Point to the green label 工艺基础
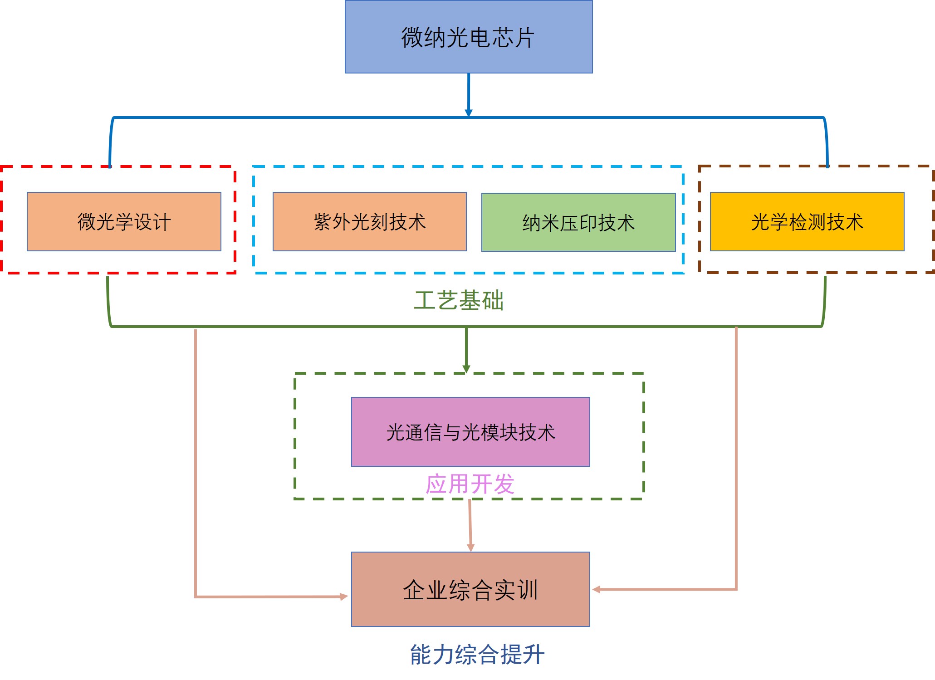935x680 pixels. coord(459,301)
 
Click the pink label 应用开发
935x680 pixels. coord(470,484)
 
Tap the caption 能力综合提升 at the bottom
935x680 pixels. coord(477,655)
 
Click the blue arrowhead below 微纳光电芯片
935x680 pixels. coord(469,113)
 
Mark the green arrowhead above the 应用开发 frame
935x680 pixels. coord(466,369)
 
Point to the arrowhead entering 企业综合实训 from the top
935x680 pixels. coord(470,548)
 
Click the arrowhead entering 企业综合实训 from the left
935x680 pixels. coord(344,597)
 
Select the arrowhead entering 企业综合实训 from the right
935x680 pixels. coord(597,589)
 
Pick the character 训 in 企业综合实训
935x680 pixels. coord(527,590)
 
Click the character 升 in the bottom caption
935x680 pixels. coord(534,655)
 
